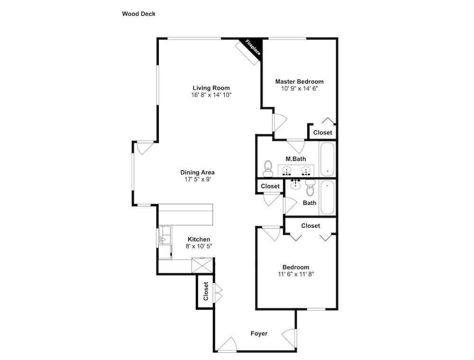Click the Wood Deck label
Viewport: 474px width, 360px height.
pyautogui.click(x=138, y=14)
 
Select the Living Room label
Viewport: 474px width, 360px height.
pyautogui.click(x=211, y=88)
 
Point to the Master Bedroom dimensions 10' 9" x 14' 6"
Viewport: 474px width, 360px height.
pyautogui.click(x=300, y=88)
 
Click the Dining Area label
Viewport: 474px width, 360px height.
pyautogui.click(x=197, y=173)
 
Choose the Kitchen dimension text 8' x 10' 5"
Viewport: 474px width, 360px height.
pyautogui.click(x=199, y=246)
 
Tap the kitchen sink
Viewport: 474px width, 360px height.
pyautogui.click(x=165, y=235)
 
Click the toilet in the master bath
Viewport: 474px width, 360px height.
pyautogui.click(x=268, y=168)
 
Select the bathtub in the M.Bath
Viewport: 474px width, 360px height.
pyautogui.click(x=327, y=159)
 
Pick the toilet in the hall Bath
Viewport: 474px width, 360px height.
pyautogui.click(x=310, y=188)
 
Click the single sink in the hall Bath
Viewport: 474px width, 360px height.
pyautogui.click(x=295, y=184)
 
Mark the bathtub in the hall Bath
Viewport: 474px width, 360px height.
pyautogui.click(x=327, y=197)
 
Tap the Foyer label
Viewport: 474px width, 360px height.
pyautogui.click(x=259, y=333)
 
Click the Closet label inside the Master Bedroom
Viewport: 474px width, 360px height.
pyautogui.click(x=322, y=132)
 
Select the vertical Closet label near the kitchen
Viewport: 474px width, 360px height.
pyautogui.click(x=206, y=291)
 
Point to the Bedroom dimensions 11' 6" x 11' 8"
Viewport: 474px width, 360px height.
pyautogui.click(x=296, y=274)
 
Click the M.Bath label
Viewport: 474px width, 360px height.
pyautogui.click(x=296, y=159)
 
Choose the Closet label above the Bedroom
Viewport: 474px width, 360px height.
pyautogui.click(x=310, y=226)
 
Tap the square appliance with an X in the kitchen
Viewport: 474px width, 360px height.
pyautogui.click(x=202, y=265)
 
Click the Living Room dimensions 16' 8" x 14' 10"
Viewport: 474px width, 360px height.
pyautogui.click(x=211, y=95)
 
